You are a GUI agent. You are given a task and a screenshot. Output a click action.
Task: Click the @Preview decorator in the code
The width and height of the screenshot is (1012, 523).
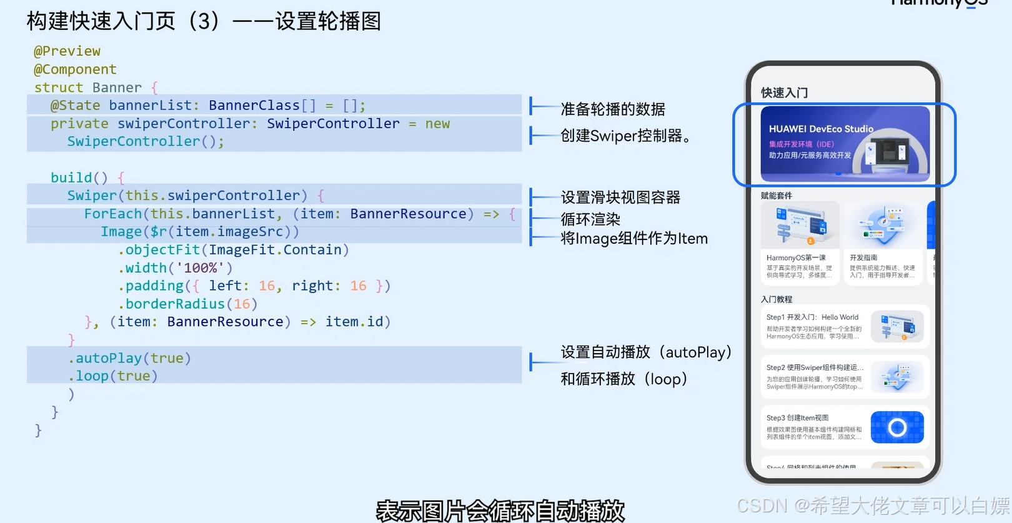(x=67, y=51)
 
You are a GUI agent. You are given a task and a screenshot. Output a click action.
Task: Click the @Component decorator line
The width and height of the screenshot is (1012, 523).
(x=75, y=69)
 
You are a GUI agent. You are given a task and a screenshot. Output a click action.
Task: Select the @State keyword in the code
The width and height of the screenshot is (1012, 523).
(x=75, y=106)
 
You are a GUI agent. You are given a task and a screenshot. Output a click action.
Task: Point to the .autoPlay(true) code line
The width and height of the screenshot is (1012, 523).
(x=129, y=358)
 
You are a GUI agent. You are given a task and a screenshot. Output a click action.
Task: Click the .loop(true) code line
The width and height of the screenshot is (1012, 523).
(x=112, y=376)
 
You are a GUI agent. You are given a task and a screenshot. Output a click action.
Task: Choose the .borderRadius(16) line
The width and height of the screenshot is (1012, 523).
(x=187, y=304)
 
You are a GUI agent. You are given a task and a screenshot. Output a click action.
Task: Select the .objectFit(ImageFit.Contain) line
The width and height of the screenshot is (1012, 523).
(x=233, y=250)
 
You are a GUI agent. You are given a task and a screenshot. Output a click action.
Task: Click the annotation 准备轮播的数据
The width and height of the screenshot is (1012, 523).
(x=613, y=109)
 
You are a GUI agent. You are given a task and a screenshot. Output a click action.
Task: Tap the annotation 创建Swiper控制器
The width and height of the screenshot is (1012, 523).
(x=624, y=136)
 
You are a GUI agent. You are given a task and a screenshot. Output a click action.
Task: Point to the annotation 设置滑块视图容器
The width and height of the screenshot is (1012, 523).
(x=620, y=198)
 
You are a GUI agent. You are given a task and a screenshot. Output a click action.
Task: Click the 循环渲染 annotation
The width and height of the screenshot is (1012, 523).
(x=590, y=219)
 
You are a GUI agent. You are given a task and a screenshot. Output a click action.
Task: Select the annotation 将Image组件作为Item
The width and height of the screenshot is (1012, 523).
(x=634, y=239)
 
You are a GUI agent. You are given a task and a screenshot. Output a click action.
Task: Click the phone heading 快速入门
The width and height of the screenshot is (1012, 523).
(x=784, y=93)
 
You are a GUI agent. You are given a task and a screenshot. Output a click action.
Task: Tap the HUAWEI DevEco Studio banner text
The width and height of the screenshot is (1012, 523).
(x=821, y=129)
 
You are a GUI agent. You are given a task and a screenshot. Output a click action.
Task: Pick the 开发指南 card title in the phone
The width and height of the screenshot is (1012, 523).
(x=863, y=257)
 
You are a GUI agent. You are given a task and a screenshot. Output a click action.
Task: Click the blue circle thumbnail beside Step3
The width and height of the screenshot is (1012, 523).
(x=897, y=427)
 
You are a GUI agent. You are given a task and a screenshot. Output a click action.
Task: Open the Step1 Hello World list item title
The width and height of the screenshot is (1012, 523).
(x=812, y=317)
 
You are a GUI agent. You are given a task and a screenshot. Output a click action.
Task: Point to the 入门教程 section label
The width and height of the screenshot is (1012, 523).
(x=776, y=299)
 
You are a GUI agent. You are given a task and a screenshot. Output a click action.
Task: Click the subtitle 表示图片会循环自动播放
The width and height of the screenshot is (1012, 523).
(x=500, y=511)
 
